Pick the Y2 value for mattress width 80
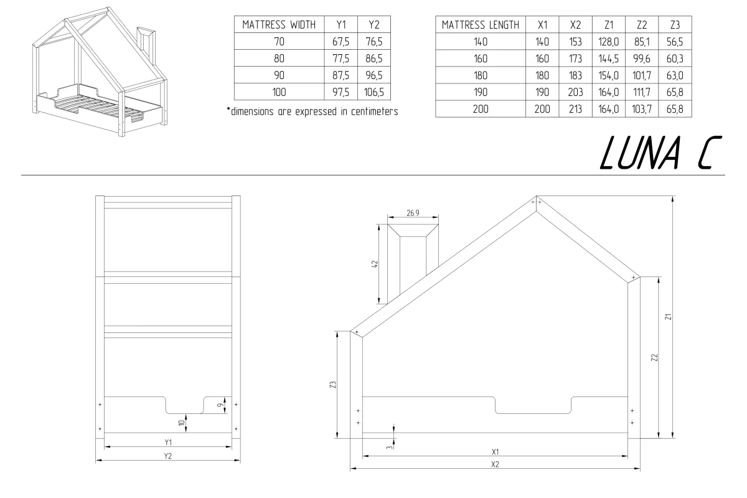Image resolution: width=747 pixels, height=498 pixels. (x=374, y=59)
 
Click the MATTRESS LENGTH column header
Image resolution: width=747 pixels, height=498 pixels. (x=480, y=26)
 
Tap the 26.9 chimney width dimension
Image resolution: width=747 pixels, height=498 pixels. (x=412, y=213)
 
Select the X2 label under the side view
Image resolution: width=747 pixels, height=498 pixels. (x=495, y=465)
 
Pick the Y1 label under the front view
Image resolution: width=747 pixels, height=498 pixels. (x=168, y=442)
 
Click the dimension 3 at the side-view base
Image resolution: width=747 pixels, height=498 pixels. (x=388, y=446)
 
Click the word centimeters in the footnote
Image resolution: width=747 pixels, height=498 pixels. (x=367, y=112)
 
